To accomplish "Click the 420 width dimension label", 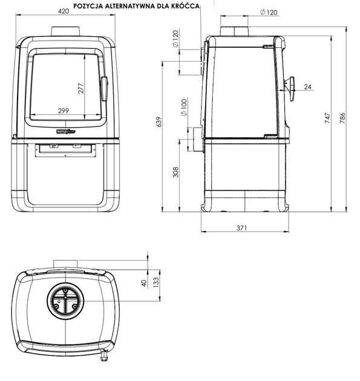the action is [64, 11].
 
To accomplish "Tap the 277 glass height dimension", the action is [80, 88].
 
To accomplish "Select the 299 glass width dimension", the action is [64, 111].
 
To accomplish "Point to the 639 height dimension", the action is [159, 122].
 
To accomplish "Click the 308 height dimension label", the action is [175, 172].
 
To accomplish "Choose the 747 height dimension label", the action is [327, 118].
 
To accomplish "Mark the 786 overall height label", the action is [342, 118].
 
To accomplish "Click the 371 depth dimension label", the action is [241, 228].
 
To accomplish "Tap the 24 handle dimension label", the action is [307, 86].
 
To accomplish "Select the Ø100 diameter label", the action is [185, 107].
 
